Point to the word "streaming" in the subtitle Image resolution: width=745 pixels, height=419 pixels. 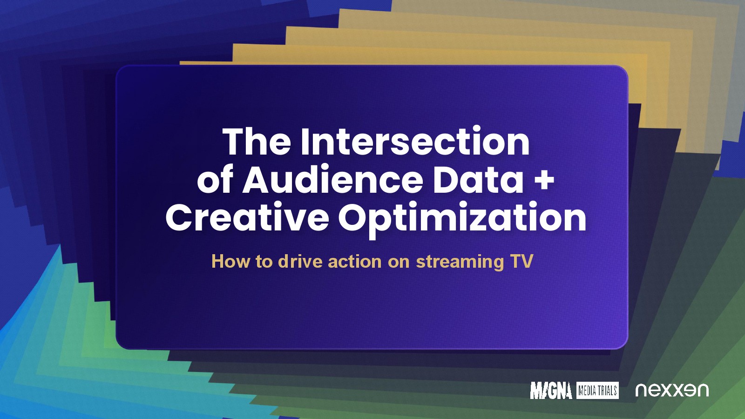(460, 263)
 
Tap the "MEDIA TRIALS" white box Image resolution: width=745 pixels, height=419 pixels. (597, 391)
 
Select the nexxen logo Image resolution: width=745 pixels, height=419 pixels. (672, 391)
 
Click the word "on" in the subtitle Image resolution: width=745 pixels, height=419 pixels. (399, 263)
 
